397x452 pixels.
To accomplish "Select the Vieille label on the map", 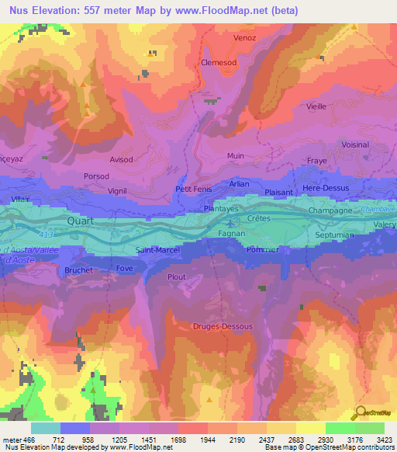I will (x=316, y=106).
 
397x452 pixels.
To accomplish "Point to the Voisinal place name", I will (x=355, y=144).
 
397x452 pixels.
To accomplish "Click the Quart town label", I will (x=81, y=219).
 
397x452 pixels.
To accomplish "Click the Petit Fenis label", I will (x=193, y=188).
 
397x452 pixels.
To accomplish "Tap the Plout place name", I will (x=178, y=276).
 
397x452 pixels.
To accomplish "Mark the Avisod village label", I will (x=121, y=160).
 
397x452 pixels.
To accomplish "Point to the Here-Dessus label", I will (x=326, y=188).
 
